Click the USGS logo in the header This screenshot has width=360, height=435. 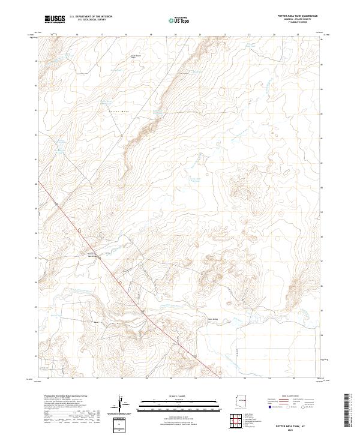(55, 19)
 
